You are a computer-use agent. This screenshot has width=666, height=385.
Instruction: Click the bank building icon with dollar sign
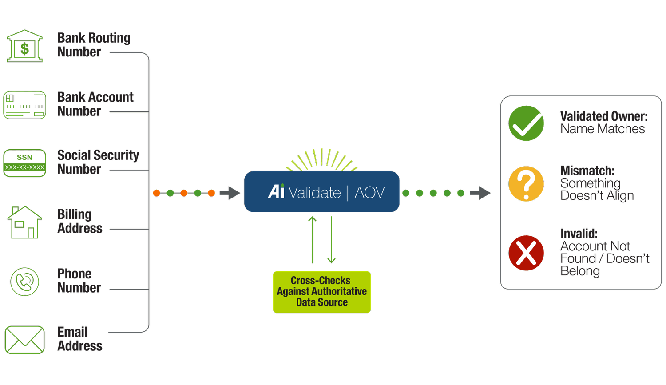click(25, 46)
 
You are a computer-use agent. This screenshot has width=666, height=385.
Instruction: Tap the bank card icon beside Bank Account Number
click(25, 105)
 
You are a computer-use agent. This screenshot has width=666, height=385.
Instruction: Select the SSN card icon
click(25, 163)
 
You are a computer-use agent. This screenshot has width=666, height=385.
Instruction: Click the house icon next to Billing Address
click(25, 222)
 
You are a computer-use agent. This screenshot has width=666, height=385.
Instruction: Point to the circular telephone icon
click(25, 282)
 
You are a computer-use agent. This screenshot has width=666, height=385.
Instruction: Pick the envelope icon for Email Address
click(25, 340)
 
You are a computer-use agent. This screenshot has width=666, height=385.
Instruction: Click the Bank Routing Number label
click(94, 44)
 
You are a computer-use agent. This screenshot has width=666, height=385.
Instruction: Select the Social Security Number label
click(98, 162)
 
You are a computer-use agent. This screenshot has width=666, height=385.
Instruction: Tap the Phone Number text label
click(79, 281)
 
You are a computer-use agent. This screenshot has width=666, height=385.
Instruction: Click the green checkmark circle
click(526, 123)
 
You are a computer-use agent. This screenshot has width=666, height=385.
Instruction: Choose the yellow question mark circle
click(526, 184)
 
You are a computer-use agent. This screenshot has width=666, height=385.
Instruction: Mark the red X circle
click(526, 253)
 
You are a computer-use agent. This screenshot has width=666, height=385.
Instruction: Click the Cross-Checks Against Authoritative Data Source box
click(321, 292)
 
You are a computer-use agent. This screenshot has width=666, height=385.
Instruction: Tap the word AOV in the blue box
click(369, 193)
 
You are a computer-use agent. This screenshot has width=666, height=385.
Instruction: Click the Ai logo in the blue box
click(276, 191)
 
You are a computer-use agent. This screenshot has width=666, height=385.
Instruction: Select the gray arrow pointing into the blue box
click(230, 193)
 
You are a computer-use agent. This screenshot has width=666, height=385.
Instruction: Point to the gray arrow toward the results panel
click(480, 193)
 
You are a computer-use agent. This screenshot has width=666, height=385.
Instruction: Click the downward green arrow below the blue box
click(331, 240)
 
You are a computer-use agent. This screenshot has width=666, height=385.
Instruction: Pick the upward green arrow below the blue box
click(313, 240)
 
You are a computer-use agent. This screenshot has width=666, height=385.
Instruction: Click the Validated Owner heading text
click(603, 116)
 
